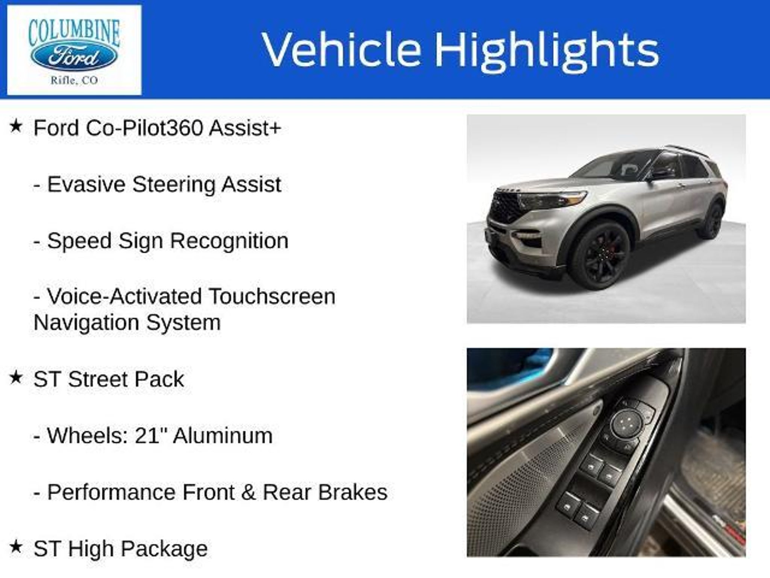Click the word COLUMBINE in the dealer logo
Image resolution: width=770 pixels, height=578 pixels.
pos(74,33)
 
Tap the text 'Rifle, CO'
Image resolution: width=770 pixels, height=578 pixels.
pos(74,80)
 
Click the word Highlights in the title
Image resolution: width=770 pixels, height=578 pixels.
pos(547,50)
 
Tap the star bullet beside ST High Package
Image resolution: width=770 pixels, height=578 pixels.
pos(16,547)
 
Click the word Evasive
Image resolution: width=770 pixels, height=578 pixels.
pos(86,184)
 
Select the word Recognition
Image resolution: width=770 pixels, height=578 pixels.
pos(229,241)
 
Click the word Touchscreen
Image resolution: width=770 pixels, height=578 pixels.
pos(272,297)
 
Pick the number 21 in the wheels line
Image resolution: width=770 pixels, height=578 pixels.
pos(145,435)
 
